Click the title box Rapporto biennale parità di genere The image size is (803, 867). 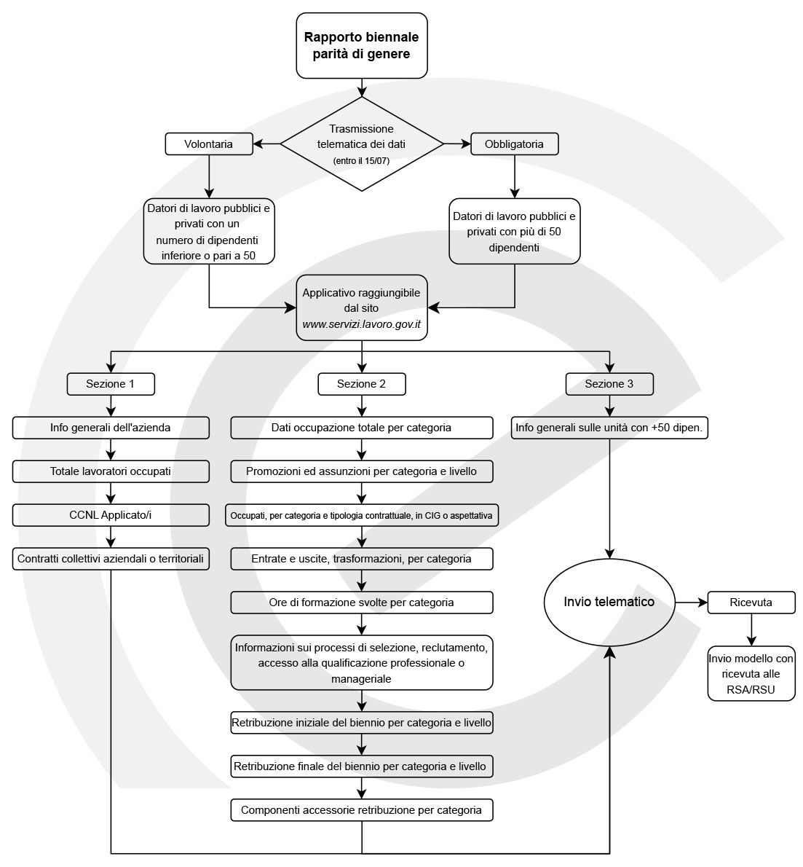pyautogui.click(x=361, y=45)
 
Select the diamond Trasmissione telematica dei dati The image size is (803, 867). pyautogui.click(x=361, y=144)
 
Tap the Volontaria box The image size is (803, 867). pyautogui.click(x=209, y=144)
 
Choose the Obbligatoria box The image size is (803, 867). pyautogui.click(x=515, y=144)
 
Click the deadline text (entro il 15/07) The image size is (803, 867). pyautogui.click(x=361, y=161)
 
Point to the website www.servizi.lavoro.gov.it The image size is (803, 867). pyautogui.click(x=361, y=324)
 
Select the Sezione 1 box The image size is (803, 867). pyautogui.click(x=111, y=384)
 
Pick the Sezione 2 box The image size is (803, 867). pyautogui.click(x=361, y=384)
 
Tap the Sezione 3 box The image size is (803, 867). pyautogui.click(x=609, y=384)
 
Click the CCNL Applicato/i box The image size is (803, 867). pyautogui.click(x=111, y=515)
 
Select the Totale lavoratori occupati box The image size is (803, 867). pyautogui.click(x=111, y=471)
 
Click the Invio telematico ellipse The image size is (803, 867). pyautogui.click(x=609, y=602)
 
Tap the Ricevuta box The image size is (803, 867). pyautogui.click(x=751, y=602)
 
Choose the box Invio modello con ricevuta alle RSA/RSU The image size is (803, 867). pyautogui.click(x=751, y=673)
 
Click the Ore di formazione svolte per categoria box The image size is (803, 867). pyautogui.click(x=361, y=602)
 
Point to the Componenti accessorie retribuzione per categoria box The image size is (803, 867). pyautogui.click(x=361, y=810)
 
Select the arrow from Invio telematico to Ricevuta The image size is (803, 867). pyautogui.click(x=692, y=602)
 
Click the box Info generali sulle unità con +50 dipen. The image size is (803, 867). pyautogui.click(x=609, y=428)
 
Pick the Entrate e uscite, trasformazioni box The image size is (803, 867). pyautogui.click(x=361, y=559)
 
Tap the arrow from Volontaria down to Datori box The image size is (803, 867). pyautogui.click(x=209, y=176)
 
